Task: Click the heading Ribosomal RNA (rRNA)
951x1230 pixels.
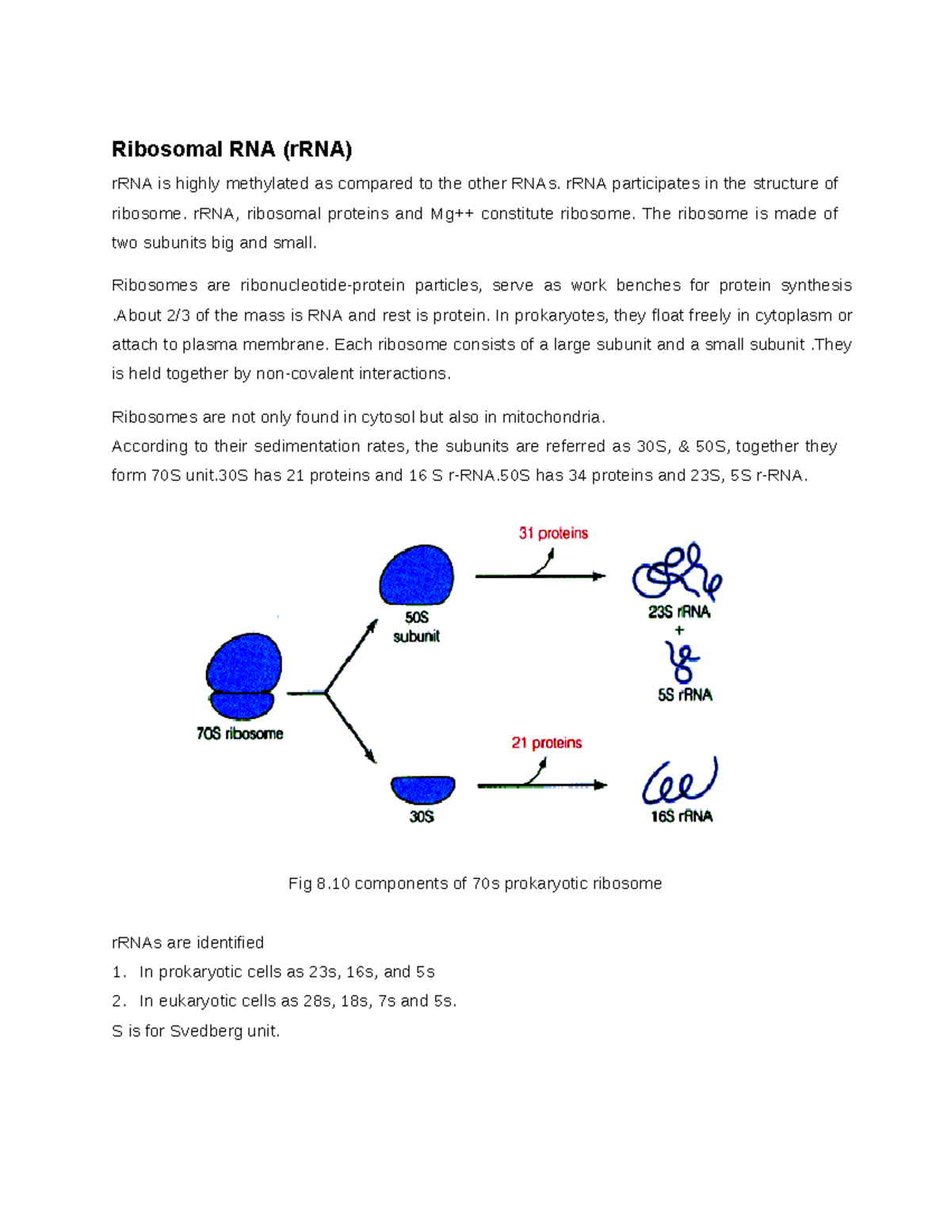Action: (231, 149)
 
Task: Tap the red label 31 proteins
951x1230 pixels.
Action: (553, 534)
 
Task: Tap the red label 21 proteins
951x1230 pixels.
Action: (547, 743)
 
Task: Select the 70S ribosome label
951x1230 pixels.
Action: (240, 734)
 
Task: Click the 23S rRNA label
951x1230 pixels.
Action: (679, 612)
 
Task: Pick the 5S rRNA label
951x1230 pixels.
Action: (685, 695)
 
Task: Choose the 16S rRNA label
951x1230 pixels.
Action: (682, 817)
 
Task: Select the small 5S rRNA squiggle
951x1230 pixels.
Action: (682, 661)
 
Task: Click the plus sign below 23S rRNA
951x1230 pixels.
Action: (679, 631)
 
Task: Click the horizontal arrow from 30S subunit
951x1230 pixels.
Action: (542, 786)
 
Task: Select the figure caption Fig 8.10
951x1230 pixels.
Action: (475, 884)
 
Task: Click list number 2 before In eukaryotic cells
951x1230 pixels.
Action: (118, 1001)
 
